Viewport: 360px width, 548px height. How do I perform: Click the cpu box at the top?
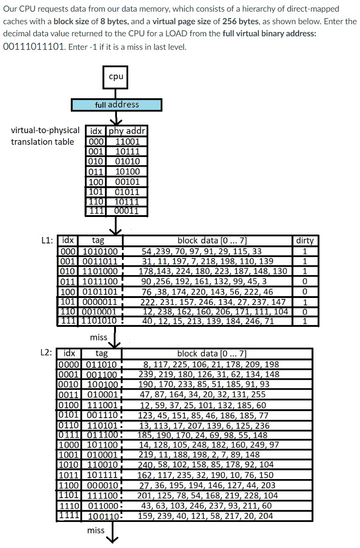click(115, 77)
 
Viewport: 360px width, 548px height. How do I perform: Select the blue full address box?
click(116, 105)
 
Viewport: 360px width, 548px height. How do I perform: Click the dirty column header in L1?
click(305, 241)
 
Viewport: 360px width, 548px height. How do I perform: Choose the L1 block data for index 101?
click(207, 302)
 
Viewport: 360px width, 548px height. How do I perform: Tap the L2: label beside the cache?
click(47, 352)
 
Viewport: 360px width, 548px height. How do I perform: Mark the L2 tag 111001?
click(102, 405)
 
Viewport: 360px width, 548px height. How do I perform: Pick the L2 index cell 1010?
click(69, 464)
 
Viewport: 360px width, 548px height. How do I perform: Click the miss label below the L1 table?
click(98, 337)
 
